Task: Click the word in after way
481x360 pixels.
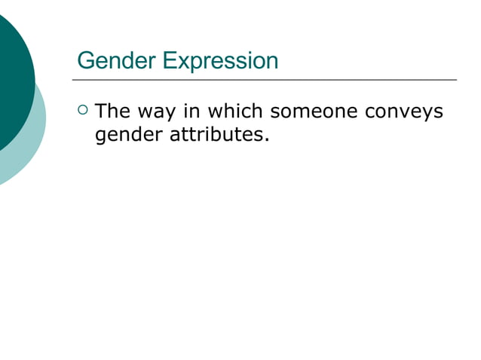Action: pos(191,112)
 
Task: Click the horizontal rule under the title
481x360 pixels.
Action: pos(264,79)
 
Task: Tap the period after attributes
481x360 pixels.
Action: pos(267,141)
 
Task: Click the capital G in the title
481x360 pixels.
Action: pos(85,60)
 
